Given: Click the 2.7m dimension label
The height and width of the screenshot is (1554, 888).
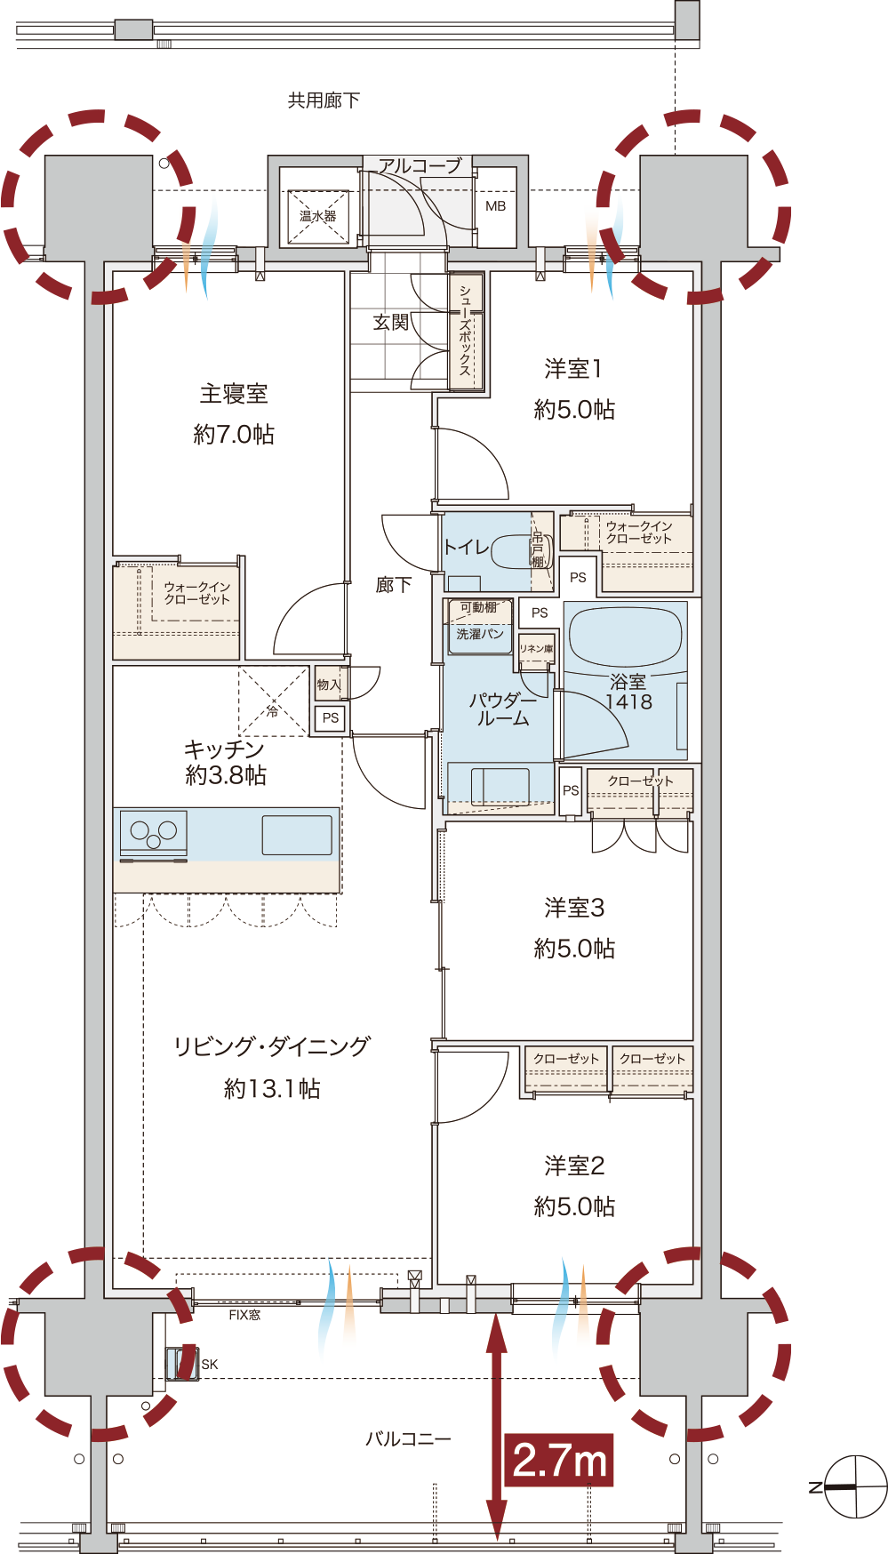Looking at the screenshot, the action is (559, 1460).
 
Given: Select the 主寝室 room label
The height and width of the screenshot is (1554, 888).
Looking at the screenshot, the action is (234, 394).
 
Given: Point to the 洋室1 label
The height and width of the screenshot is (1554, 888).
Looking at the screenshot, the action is (573, 368).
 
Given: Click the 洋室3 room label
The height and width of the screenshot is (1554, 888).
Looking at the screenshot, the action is (574, 908).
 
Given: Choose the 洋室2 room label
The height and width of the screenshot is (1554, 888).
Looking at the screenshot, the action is (574, 1165).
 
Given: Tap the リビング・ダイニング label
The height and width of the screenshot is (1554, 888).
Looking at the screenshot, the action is (271, 1046).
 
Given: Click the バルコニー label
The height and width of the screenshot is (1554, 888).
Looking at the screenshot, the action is (408, 1438).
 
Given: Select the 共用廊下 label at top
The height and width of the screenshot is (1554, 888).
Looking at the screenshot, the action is (324, 100).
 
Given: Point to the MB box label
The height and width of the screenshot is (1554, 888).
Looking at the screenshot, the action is (495, 206).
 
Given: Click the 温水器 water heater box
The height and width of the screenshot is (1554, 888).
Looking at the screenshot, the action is (317, 216).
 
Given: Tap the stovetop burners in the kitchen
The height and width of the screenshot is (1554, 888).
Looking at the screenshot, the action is (154, 834).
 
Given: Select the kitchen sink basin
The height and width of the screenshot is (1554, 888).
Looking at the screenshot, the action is (297, 836).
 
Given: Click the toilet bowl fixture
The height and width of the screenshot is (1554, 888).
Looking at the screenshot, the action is (521, 551).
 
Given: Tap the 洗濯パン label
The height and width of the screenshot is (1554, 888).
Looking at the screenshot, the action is (480, 634).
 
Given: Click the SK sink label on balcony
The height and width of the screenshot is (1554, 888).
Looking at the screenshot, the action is (209, 1365).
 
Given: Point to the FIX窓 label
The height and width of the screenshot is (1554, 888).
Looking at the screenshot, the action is (244, 1315).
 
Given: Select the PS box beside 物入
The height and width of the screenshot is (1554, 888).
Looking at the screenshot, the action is (331, 717).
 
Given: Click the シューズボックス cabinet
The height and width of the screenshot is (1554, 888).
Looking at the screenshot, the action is (466, 331).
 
